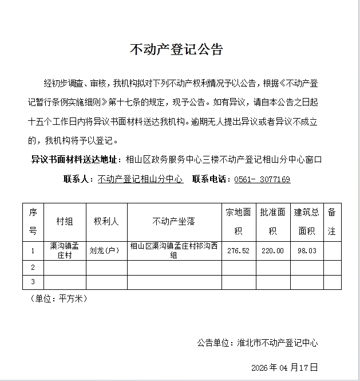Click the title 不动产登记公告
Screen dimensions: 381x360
click(176, 50)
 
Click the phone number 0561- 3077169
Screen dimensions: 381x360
click(262, 179)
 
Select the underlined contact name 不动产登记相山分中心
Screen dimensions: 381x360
click(140, 179)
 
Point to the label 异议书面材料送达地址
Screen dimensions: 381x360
click(76, 160)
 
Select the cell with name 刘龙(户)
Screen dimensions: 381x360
click(104, 250)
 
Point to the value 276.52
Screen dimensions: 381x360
click(239, 250)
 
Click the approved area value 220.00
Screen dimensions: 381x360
click(272, 250)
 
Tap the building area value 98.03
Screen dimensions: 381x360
click(307, 250)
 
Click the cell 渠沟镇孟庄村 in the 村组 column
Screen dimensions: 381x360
click(64, 250)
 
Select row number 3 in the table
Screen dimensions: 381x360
click(33, 282)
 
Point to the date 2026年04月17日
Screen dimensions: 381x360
click(284, 367)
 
